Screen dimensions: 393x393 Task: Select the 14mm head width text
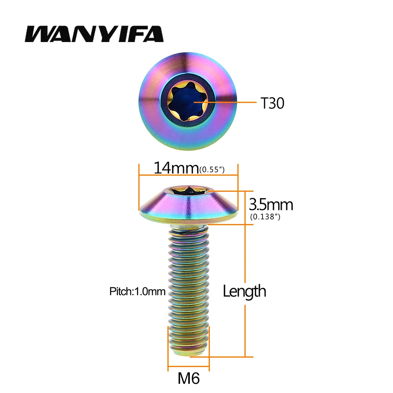176,168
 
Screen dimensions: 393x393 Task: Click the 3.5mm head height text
271,205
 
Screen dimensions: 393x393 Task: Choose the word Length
244,291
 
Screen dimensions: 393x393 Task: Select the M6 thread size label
189,379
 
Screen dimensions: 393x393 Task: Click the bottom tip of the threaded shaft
188,353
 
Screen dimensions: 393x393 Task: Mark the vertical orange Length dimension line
245,322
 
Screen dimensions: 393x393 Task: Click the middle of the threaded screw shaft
188,291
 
